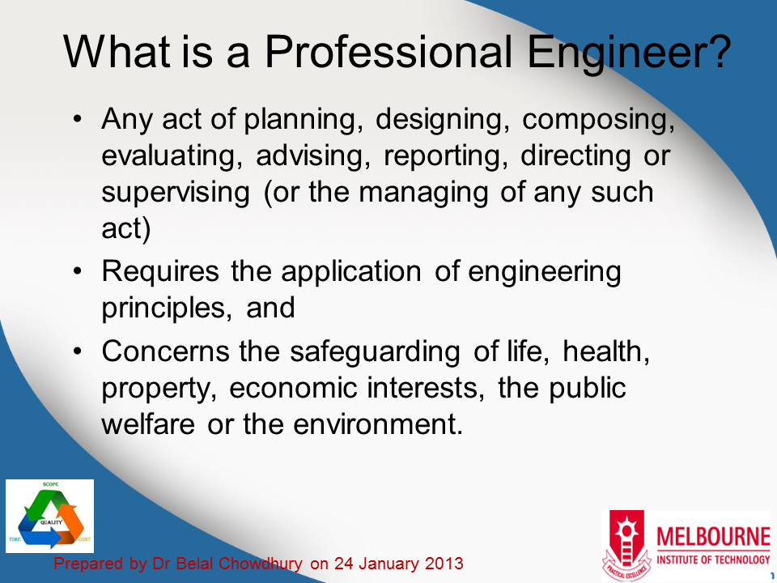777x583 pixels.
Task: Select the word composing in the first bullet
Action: click(598, 121)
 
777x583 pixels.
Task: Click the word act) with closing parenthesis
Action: click(126, 229)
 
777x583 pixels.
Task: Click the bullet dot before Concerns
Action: click(78, 352)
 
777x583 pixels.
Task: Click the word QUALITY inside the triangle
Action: click(50, 522)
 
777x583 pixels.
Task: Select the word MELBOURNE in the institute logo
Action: click(714, 538)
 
